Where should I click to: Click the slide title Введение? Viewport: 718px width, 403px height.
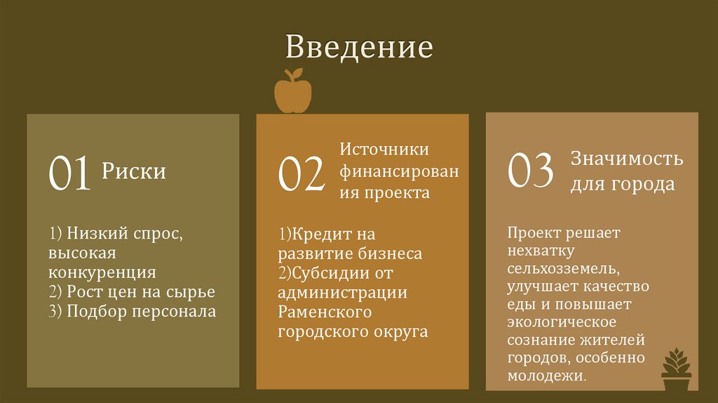(359, 47)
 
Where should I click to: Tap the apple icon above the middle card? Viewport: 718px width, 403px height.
(292, 92)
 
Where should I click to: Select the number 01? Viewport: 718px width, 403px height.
(69, 173)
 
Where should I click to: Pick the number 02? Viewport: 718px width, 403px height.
(302, 175)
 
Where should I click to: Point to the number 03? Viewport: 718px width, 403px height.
(531, 171)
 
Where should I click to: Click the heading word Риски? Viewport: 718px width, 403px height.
(134, 171)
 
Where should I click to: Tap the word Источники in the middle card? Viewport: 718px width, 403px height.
(384, 150)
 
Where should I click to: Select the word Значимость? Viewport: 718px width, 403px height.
(627, 158)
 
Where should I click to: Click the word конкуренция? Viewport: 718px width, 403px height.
(102, 272)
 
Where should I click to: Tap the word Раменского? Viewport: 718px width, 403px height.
(325, 311)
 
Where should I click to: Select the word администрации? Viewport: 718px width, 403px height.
(342, 292)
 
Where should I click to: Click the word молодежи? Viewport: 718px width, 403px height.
(547, 376)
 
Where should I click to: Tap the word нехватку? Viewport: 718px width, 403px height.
(542, 250)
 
